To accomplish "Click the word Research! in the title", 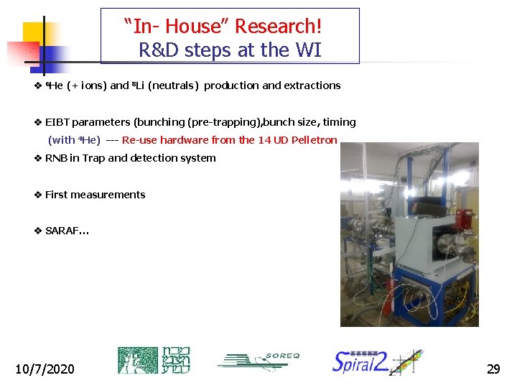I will click(x=278, y=27).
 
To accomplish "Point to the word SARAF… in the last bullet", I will click(x=67, y=231).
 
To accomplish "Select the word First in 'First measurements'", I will click(x=57, y=195).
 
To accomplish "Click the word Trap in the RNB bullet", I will click(x=93, y=158).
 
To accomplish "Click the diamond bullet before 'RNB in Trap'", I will click(x=38, y=158).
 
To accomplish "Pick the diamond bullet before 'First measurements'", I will click(x=38, y=195).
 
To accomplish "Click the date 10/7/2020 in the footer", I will click(x=45, y=369).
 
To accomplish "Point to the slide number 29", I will click(x=493, y=369).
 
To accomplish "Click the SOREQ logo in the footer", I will click(x=258, y=361).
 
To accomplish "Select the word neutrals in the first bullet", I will click(x=174, y=86).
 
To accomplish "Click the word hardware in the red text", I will click(x=185, y=140).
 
